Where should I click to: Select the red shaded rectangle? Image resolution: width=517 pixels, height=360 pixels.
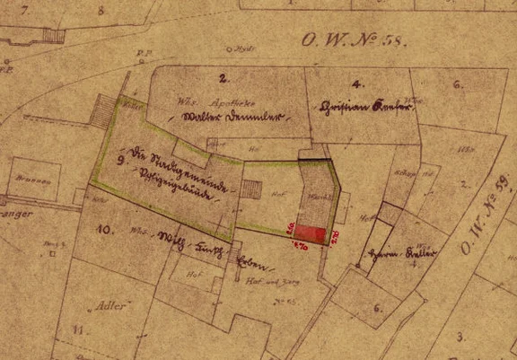[x=310, y=232]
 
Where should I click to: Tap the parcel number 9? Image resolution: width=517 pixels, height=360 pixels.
[x=119, y=162]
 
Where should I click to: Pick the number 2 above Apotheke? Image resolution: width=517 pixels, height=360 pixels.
[x=222, y=78]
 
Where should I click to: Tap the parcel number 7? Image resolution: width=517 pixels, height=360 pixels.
[x=24, y=10]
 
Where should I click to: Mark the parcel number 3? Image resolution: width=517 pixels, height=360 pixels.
[x=460, y=337]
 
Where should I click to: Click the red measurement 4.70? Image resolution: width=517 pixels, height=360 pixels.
[x=301, y=244]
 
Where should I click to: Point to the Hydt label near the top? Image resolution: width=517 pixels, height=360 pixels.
[x=239, y=48]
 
